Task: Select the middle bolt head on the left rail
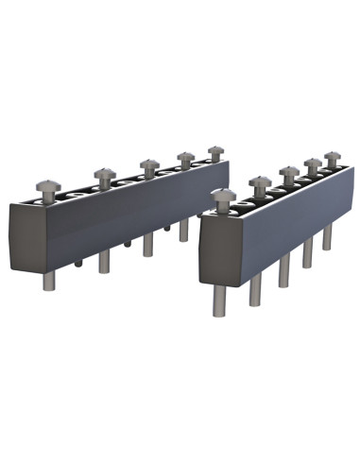click(x=148, y=164)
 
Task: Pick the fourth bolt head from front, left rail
click(x=185, y=157)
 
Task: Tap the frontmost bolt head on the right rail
click(x=222, y=197)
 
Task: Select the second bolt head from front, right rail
click(x=260, y=181)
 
